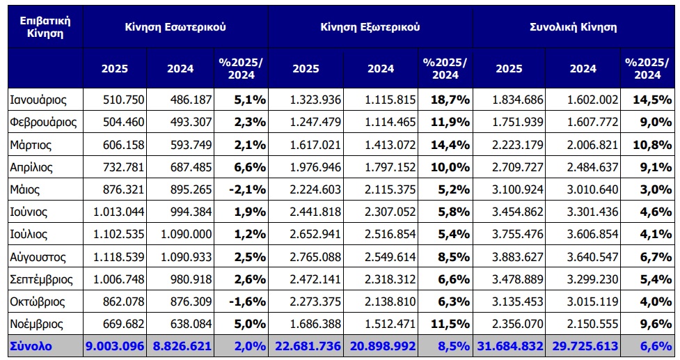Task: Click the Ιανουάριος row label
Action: [38, 100]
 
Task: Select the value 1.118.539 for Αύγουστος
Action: [116, 257]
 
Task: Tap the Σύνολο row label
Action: [30, 347]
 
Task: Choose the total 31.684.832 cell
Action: [510, 347]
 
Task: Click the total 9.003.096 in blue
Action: [116, 347]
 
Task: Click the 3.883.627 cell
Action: [510, 257]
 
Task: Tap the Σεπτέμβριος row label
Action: [42, 279]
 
